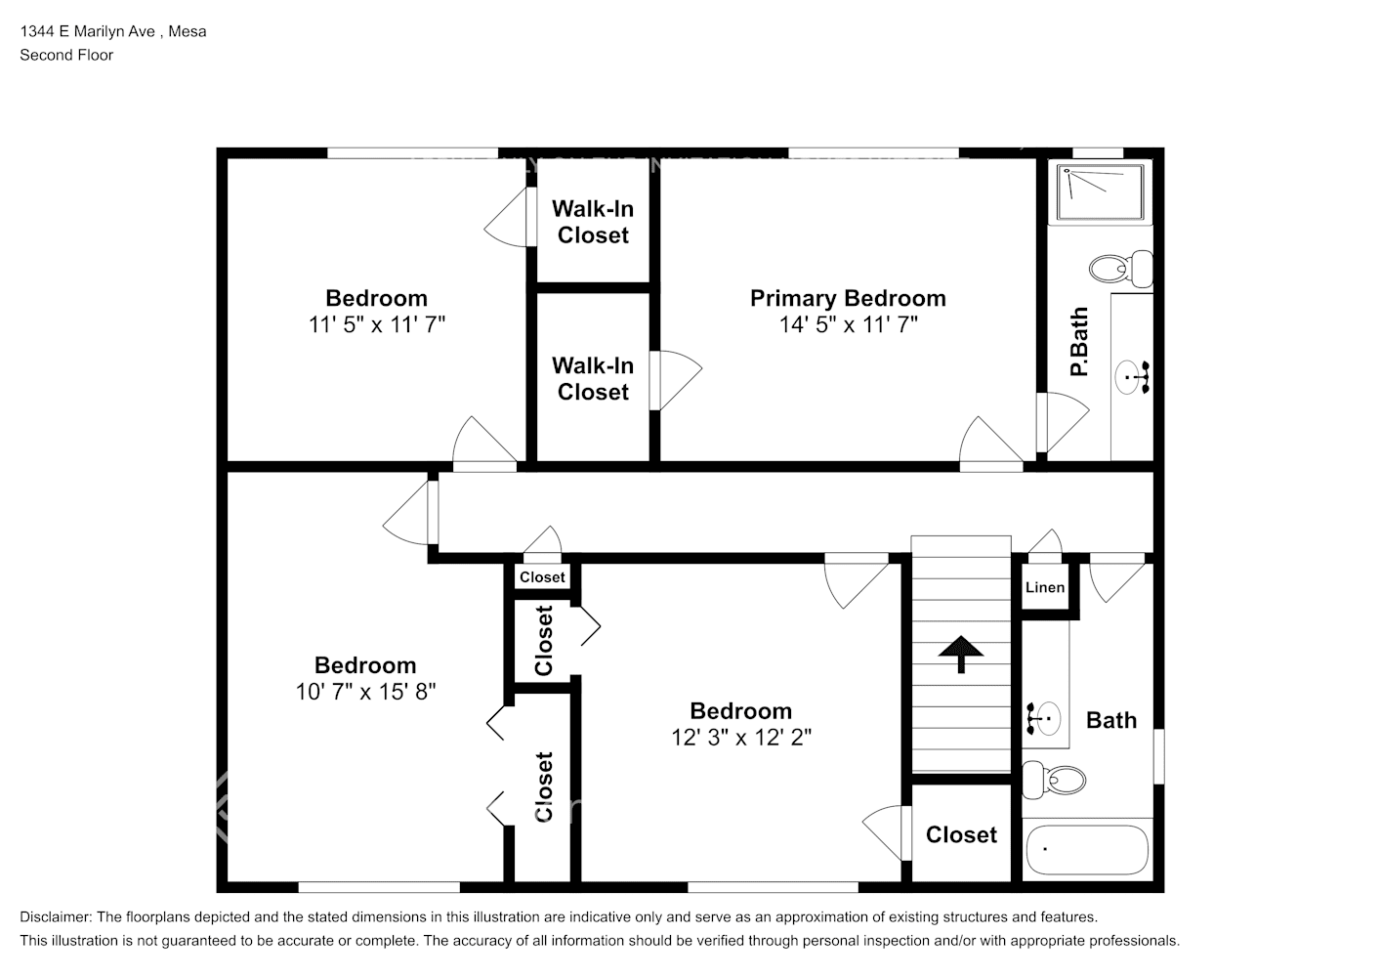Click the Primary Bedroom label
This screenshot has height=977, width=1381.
click(x=848, y=299)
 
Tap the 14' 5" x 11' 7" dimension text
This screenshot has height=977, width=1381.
click(x=849, y=324)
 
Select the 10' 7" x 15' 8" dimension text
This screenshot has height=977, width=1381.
click(x=365, y=692)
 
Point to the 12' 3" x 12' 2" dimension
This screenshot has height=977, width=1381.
click(x=741, y=737)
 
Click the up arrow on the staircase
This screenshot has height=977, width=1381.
click(x=960, y=654)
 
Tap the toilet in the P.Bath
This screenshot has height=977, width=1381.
click(x=1121, y=269)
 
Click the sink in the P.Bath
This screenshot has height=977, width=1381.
click(x=1132, y=377)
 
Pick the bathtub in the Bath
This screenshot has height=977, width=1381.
click(x=1087, y=850)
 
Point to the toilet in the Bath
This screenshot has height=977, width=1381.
click(x=1054, y=781)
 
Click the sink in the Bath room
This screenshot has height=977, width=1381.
click(x=1043, y=718)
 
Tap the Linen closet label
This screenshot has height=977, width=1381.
click(x=1045, y=588)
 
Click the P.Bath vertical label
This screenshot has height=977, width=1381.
click(x=1079, y=342)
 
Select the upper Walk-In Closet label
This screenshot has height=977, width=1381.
click(x=593, y=222)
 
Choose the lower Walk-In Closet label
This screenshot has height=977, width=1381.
click(x=593, y=379)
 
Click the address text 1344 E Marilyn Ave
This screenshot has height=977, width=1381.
click(x=88, y=31)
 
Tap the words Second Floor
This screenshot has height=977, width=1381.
click(x=66, y=55)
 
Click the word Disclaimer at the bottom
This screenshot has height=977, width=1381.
click(x=56, y=917)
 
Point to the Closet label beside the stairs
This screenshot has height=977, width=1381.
click(x=961, y=835)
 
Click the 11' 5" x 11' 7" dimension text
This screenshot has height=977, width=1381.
click(x=377, y=324)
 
